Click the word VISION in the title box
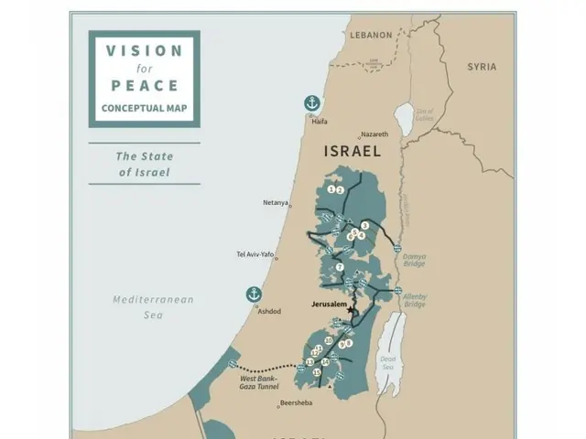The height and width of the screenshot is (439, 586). coord(144,51)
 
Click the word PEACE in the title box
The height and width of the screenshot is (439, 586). coord(144,86)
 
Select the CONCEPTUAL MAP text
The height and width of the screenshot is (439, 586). coord(144,108)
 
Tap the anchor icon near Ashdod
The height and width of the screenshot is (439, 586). coord(254,294)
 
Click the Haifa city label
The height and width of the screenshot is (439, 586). coord(319,121)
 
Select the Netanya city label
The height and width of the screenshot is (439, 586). coord(276,203)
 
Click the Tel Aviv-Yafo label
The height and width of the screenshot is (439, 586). coord(255,255)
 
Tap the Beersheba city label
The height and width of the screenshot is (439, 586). coord(296,402)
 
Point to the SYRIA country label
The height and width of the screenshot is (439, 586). coord(482,67)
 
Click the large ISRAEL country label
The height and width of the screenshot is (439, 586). coord(353,153)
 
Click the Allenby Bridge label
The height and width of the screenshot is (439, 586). coord(415,300)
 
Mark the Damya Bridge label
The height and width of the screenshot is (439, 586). coord(414,261)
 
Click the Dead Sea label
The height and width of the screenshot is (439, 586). coord(387,362)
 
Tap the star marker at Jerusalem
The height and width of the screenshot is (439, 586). coord(350,310)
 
